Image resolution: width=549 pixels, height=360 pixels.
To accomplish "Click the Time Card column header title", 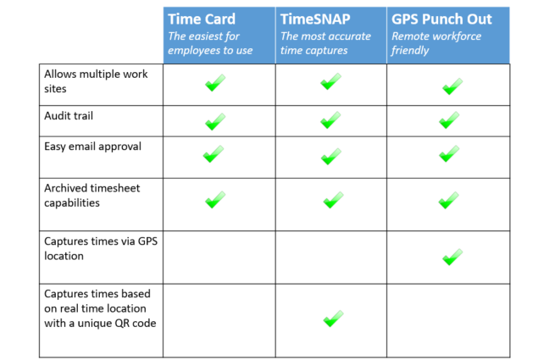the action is (x=202, y=19).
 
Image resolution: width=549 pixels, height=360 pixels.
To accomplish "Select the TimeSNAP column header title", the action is (x=315, y=19).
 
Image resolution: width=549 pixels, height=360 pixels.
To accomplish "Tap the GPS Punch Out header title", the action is (x=441, y=19).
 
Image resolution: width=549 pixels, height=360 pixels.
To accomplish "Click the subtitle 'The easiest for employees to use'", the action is (x=210, y=43).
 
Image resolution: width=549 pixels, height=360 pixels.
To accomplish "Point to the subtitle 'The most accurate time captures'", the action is (x=325, y=43).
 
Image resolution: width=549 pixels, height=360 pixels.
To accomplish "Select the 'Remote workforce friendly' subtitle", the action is (x=436, y=43).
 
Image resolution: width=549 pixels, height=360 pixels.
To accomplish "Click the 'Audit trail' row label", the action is (x=69, y=115).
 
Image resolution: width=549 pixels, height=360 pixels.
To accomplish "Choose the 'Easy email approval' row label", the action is (x=93, y=147).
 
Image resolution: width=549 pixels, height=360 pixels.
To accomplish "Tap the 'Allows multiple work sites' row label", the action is (x=96, y=81).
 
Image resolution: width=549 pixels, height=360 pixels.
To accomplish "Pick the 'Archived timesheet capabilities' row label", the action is (x=92, y=196).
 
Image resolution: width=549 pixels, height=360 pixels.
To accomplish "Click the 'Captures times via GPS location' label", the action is (x=101, y=249).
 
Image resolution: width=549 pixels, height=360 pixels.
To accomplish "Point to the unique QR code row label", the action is (x=100, y=308).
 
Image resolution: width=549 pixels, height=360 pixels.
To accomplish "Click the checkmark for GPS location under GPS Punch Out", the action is (x=452, y=257).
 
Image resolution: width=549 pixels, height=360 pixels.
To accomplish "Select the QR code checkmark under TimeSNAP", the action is (x=333, y=318).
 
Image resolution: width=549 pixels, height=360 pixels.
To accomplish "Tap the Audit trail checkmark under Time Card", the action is (x=215, y=121).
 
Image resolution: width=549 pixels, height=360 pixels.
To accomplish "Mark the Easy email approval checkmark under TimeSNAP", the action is (x=331, y=156).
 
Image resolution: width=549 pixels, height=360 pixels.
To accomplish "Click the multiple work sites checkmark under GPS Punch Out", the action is (x=452, y=86).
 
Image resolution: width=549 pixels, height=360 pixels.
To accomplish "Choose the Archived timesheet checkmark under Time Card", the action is (x=215, y=200).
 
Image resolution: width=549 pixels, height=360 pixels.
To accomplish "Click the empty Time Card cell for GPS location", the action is (x=219, y=258).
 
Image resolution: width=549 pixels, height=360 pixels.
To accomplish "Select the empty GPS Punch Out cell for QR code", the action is (x=448, y=320).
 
